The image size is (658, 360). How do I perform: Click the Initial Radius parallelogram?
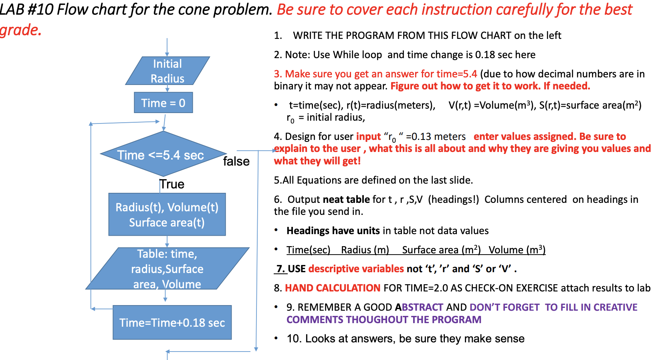(168, 71)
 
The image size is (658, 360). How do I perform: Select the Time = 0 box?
(163, 103)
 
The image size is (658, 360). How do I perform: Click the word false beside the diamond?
(236, 161)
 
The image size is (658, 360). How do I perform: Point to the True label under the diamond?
(172, 184)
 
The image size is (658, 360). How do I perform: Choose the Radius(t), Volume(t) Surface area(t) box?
(167, 214)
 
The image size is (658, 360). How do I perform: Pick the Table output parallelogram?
(167, 269)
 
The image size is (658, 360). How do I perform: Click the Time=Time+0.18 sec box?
(172, 322)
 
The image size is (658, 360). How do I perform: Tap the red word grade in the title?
(20, 30)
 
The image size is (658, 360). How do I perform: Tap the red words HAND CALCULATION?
(333, 288)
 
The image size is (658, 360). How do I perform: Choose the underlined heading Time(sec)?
(308, 250)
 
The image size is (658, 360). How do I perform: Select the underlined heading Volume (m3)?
(517, 250)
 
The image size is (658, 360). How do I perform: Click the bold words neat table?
(346, 199)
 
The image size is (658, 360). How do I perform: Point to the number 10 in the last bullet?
(294, 339)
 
